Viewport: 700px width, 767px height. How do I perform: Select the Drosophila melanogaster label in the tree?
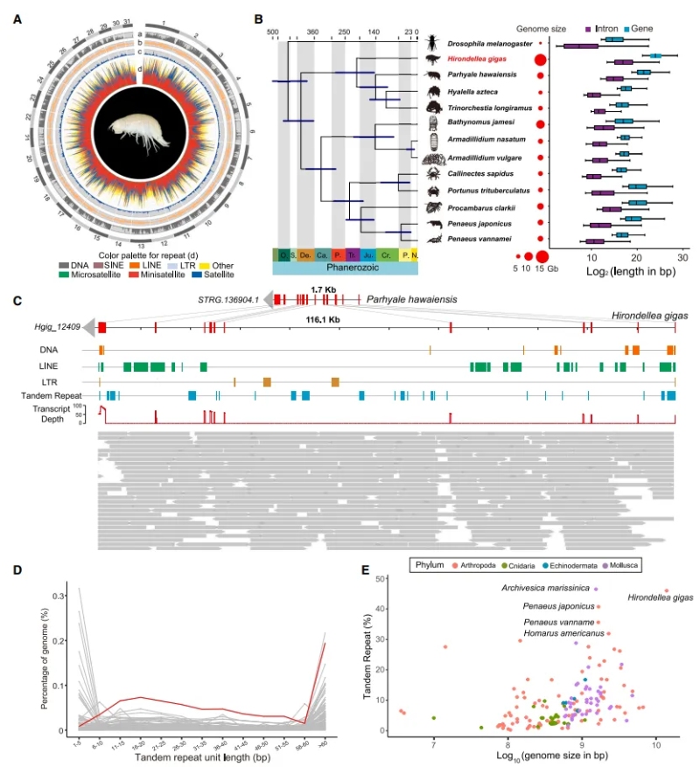[490, 43]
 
